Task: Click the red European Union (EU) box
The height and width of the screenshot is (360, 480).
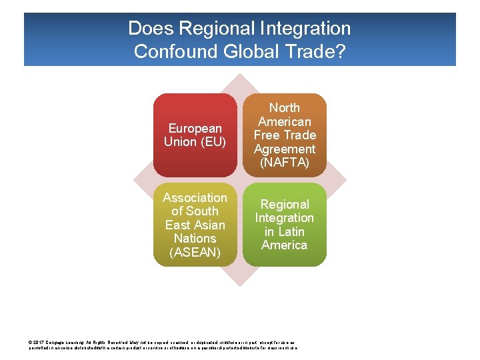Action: pos(195,135)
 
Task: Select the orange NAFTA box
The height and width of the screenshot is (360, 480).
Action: pos(285,135)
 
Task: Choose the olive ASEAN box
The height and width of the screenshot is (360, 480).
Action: pos(195,225)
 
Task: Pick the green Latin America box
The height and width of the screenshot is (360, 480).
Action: pos(285,225)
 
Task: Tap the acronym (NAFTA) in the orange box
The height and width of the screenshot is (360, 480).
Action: pos(285,163)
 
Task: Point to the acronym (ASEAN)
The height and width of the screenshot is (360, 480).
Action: pos(195,252)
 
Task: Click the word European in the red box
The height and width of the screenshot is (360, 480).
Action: pos(195,128)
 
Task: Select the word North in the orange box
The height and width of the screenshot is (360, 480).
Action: pos(285,107)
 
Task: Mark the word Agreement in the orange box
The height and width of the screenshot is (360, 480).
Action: pos(285,149)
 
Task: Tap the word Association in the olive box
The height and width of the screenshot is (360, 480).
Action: pos(195,197)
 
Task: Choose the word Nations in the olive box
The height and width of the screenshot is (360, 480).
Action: pos(195,238)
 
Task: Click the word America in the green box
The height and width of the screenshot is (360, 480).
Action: pos(285,245)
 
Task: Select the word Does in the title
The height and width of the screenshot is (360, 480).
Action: pos(146,29)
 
